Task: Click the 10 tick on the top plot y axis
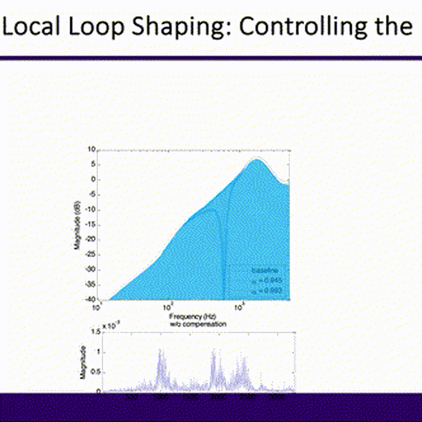point(91,149)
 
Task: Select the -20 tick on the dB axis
point(91,239)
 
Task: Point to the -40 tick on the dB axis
point(91,299)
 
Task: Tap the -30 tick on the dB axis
point(91,269)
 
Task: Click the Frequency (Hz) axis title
point(193,317)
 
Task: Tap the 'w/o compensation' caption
point(193,323)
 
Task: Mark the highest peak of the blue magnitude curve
point(258,160)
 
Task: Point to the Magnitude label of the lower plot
point(82,362)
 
